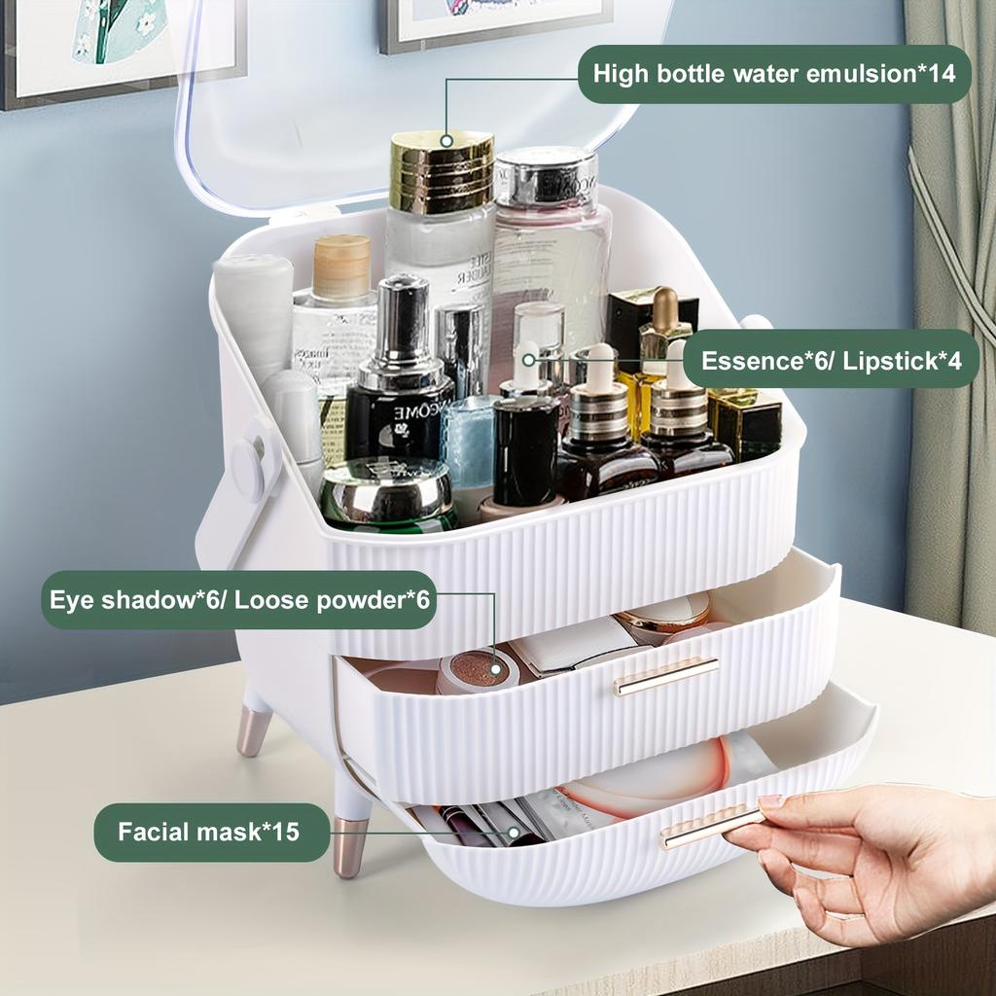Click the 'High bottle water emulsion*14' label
point(774,73)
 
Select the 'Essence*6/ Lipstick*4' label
point(831,360)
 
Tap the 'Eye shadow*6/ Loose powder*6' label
point(239,599)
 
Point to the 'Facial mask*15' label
point(210,832)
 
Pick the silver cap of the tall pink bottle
point(546,176)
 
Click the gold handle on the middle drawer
point(666,675)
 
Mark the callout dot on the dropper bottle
point(528,359)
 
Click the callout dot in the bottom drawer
point(514,833)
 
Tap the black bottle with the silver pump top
point(399,379)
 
